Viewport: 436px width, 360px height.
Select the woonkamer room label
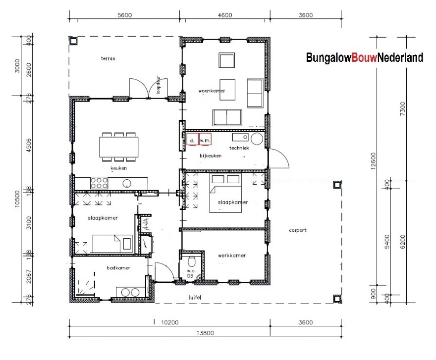(212, 91)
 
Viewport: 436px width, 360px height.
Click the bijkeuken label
(211, 155)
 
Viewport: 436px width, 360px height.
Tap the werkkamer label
(231, 256)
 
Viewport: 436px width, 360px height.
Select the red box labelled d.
(192, 140)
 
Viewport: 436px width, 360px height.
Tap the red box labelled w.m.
(206, 140)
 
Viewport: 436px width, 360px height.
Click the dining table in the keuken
(118, 147)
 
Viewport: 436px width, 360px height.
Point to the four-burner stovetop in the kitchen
(99, 183)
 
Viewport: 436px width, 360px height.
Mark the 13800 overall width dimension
(204, 333)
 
